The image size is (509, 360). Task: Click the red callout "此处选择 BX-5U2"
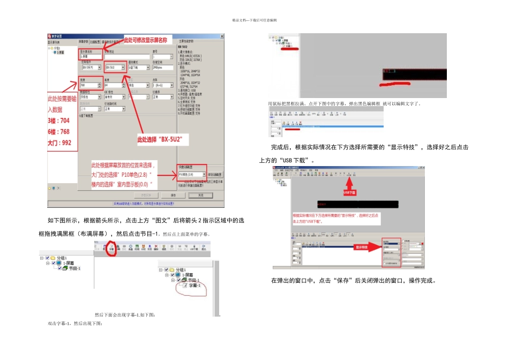pos(160,139)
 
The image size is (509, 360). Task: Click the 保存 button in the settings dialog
pos(173,196)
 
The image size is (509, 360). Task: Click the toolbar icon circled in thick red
pos(111,249)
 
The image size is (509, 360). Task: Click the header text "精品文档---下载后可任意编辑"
pos(254,20)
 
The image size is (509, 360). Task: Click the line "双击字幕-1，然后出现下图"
pos(74,324)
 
